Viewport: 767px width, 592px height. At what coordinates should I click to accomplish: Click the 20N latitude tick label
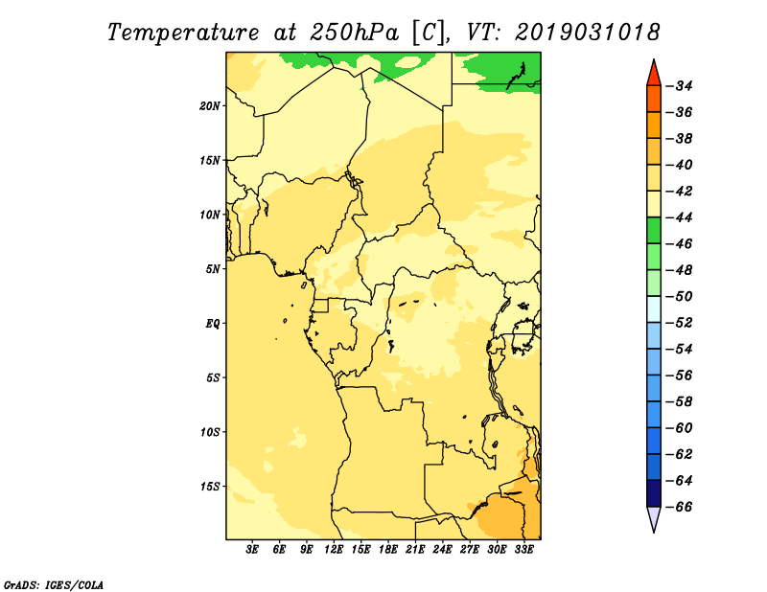pyautogui.click(x=210, y=106)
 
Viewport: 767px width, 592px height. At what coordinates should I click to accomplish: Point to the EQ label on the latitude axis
pyautogui.click(x=213, y=324)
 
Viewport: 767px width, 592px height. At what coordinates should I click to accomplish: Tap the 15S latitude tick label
pyautogui.click(x=210, y=487)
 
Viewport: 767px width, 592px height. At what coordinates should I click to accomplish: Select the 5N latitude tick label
pyautogui.click(x=213, y=269)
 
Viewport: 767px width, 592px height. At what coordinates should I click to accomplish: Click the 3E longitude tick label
pyautogui.click(x=252, y=549)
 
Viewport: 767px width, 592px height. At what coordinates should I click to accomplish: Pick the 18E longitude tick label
pyautogui.click(x=388, y=549)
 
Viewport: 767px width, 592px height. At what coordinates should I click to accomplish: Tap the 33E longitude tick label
pyautogui.click(x=523, y=549)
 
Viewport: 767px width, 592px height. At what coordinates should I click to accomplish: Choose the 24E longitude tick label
pyautogui.click(x=442, y=549)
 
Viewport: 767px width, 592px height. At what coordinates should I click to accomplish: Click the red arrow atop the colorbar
pyautogui.click(x=654, y=74)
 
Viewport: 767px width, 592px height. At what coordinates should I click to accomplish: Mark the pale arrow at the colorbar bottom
pyautogui.click(x=654, y=518)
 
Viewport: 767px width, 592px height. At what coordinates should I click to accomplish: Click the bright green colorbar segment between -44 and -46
pyautogui.click(x=654, y=230)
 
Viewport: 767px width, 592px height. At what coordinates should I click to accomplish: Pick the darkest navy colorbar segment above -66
pyautogui.click(x=654, y=493)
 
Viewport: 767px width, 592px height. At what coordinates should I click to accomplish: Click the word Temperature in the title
pyautogui.click(x=183, y=33)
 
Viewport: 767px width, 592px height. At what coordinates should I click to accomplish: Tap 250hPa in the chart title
pyautogui.click(x=355, y=33)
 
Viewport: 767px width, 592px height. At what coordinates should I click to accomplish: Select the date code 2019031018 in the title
pyautogui.click(x=588, y=33)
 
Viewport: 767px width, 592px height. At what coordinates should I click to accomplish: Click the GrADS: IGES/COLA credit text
pyautogui.click(x=54, y=584)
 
